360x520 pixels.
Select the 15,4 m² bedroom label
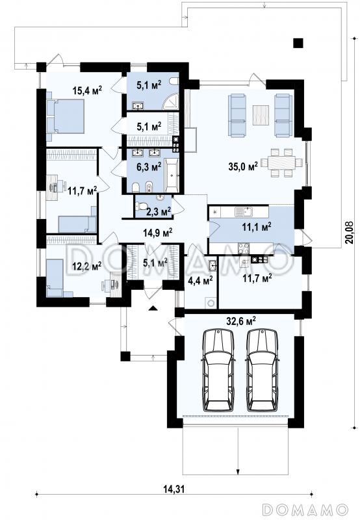click(x=87, y=90)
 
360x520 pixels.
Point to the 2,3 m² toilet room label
click(x=158, y=211)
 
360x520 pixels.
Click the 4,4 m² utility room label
click(x=200, y=281)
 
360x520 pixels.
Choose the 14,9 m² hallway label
click(x=157, y=233)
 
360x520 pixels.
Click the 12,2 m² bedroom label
click(x=87, y=265)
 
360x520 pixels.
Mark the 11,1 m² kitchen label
click(x=257, y=227)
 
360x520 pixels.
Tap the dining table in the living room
click(x=281, y=162)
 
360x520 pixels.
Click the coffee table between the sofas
click(x=261, y=115)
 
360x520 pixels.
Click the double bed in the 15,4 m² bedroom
click(x=66, y=116)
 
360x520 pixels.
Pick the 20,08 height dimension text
click(x=349, y=233)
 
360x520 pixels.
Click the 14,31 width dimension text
click(x=174, y=479)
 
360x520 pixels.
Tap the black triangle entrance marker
click(x=153, y=308)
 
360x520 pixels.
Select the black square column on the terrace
click(x=298, y=43)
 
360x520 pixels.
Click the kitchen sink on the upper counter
click(x=244, y=212)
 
